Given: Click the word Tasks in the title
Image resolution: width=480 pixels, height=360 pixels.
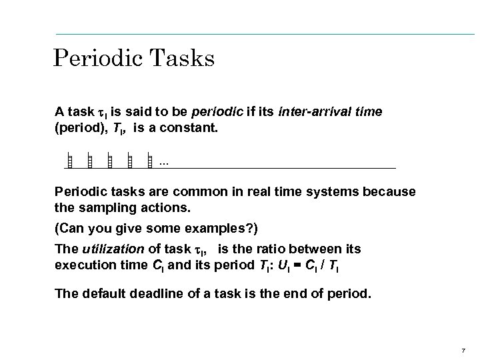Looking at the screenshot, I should (x=182, y=59).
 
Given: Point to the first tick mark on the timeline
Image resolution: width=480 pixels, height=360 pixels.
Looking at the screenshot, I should (x=69, y=161).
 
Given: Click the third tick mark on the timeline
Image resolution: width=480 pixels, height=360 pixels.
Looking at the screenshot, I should (x=109, y=161).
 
